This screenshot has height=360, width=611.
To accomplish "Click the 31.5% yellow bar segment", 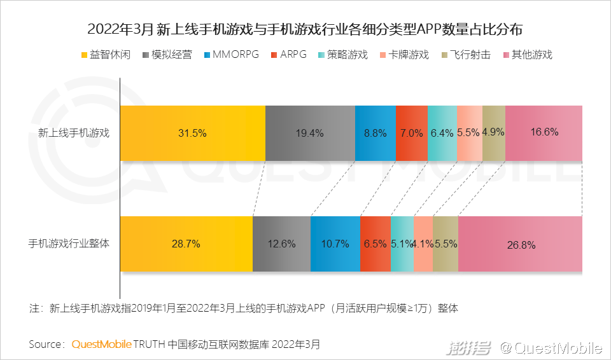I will tap(192, 133).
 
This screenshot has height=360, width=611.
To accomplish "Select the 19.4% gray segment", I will tap(310, 133).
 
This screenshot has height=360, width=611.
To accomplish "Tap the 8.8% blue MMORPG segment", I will tap(375, 133).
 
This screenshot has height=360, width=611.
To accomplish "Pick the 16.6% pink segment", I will tap(544, 133).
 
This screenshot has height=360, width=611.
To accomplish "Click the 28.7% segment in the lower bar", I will tap(186, 244).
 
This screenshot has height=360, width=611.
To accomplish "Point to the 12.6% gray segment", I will tap(281, 244).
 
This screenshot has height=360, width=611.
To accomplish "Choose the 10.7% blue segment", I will tap(335, 244).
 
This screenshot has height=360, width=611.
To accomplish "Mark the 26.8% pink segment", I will tap(520, 244).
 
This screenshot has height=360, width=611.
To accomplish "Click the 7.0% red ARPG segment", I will tap(411, 133).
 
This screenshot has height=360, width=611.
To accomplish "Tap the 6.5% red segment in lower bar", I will tap(375, 244).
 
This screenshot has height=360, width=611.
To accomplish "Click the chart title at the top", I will tap(305, 29).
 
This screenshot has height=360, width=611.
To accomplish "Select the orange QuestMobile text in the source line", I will tap(101, 345).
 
